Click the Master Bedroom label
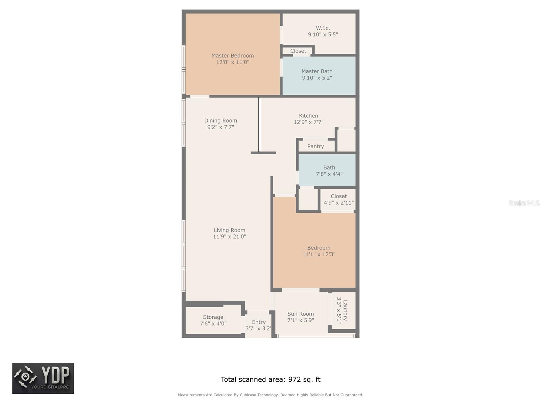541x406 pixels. [232, 56]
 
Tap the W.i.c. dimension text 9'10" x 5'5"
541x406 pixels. [323, 35]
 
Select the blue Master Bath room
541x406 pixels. [319, 76]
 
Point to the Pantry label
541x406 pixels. [315, 146]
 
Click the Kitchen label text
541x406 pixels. [308, 116]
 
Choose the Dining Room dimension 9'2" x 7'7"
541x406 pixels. [220, 127]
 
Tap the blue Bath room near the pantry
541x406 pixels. [327, 170]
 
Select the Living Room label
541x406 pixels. [230, 230]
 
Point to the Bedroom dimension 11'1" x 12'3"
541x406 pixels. [319, 254]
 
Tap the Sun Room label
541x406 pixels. [301, 314]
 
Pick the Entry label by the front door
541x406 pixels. [259, 322]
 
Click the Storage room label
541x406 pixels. [213, 317]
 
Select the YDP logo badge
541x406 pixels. [43, 378]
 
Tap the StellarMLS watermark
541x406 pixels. [524, 203]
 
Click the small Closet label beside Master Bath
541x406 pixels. [298, 51]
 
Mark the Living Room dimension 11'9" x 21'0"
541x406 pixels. [230, 236]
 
